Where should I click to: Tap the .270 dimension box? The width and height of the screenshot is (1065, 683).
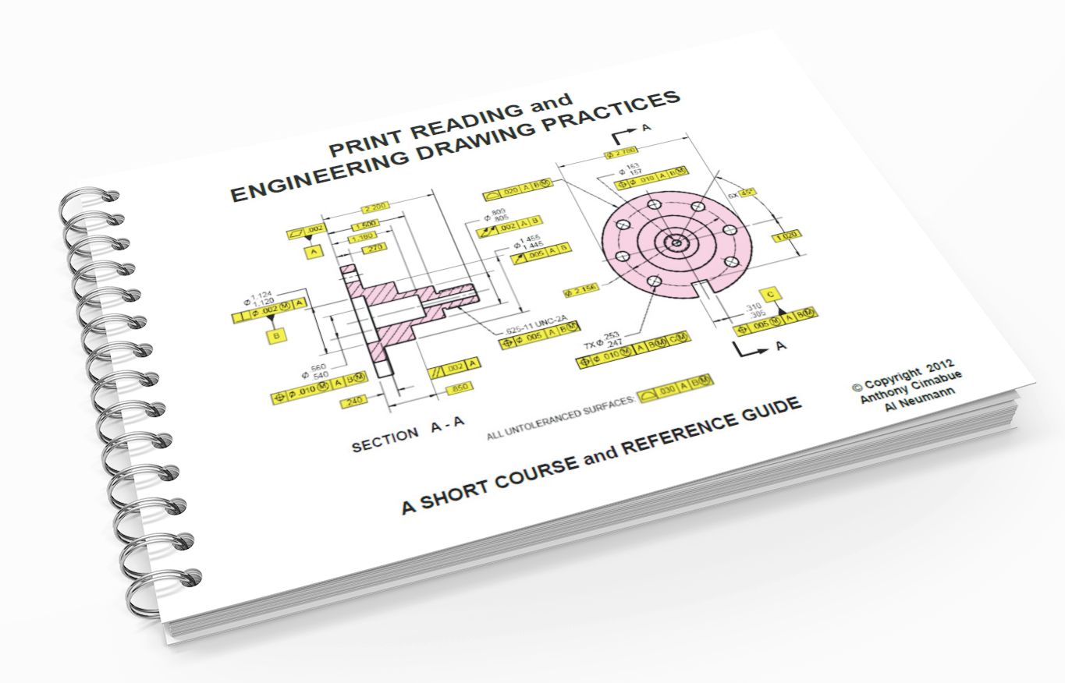375,248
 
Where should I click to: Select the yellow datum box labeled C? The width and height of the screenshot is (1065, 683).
769,294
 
